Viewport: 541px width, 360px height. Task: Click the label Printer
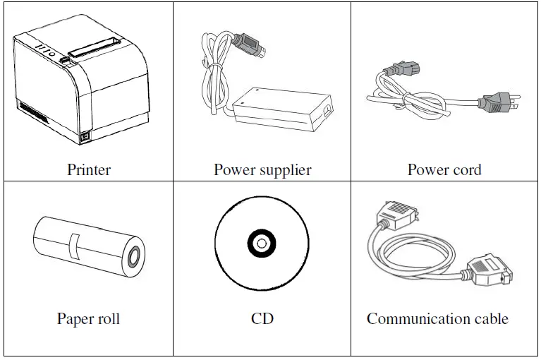[89, 169]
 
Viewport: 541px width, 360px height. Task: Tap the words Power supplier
[262, 169]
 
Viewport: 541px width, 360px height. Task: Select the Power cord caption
[444, 169]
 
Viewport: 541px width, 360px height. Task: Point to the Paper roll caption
[88, 318]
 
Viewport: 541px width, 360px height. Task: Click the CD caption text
[262, 318]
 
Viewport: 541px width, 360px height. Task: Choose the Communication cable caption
[437, 318]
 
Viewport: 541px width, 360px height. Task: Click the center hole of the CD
[261, 244]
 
